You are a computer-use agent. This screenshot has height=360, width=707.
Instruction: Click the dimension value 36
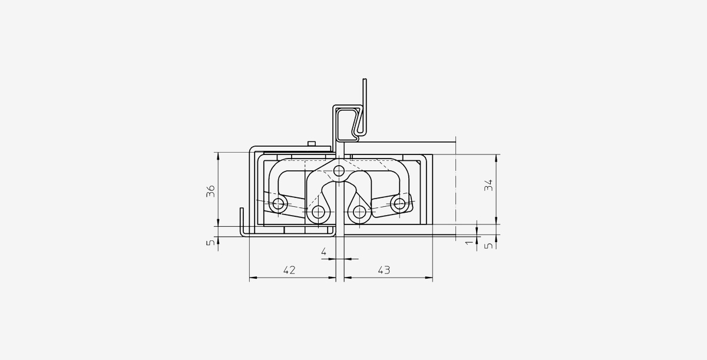click(210, 191)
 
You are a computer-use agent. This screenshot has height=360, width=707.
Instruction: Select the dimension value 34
click(488, 185)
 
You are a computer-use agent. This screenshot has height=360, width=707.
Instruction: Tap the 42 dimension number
click(289, 270)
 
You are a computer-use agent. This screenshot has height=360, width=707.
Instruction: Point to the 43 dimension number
click(384, 270)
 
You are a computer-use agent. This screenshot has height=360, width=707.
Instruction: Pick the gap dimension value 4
click(324, 252)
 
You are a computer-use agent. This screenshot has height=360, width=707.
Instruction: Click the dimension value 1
click(470, 242)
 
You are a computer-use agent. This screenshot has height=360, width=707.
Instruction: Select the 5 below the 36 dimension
click(211, 242)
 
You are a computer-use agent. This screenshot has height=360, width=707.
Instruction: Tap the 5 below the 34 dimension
click(488, 245)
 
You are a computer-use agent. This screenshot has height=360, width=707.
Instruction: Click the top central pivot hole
click(339, 171)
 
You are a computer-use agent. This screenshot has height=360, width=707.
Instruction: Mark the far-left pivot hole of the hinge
click(278, 203)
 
